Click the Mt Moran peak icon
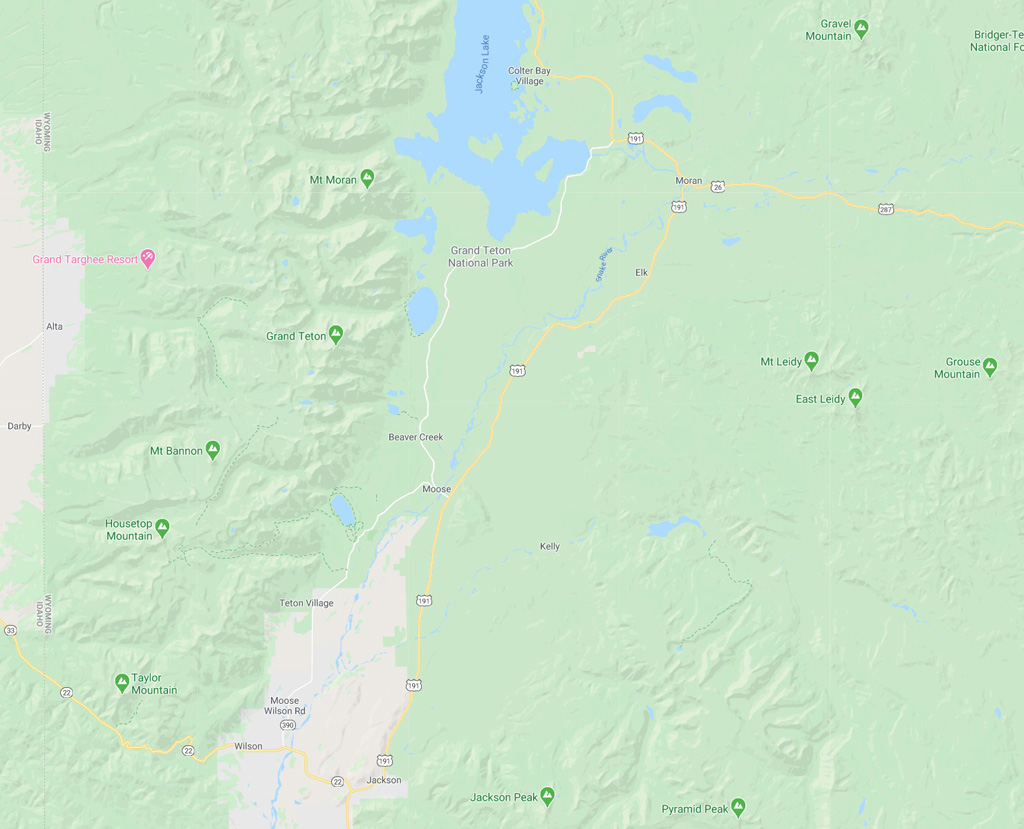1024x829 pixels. [367, 179]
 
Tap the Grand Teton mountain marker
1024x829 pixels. [336, 335]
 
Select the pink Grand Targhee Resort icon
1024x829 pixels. [148, 259]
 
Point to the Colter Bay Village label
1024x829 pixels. [528, 76]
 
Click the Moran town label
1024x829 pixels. [689, 181]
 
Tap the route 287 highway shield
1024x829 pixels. [886, 209]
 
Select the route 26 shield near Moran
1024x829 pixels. [718, 186]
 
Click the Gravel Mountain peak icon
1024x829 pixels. [861, 29]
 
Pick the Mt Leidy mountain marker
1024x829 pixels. [811, 361]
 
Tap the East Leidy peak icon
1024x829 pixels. [855, 398]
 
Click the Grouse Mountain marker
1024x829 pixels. [989, 367]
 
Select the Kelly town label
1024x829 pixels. [549, 547]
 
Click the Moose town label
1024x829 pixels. [436, 489]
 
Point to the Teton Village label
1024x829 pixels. [306, 603]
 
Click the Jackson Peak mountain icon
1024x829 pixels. [547, 797]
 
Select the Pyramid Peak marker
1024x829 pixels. [738, 807]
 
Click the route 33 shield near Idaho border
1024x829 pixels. [10, 630]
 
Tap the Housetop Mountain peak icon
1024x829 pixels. [162, 528]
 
